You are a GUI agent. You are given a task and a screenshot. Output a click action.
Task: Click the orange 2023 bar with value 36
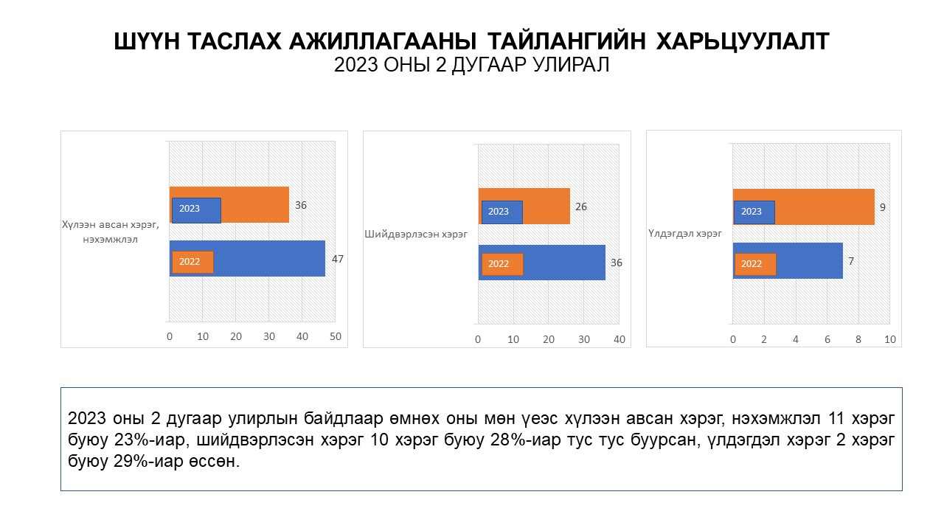point(254,204)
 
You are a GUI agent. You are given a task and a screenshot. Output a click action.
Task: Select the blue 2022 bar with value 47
point(273,258)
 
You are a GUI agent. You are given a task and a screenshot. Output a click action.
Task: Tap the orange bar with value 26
point(546,206)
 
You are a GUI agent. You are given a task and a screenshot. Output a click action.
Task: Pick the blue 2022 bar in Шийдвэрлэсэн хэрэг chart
point(564,263)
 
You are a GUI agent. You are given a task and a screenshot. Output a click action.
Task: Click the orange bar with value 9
point(826,207)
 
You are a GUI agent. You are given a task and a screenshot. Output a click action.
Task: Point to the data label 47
point(338,259)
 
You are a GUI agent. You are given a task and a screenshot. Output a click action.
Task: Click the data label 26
point(581,206)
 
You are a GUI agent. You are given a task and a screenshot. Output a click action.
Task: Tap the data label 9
point(882,207)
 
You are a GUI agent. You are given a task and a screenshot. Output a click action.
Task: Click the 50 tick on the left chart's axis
point(336,336)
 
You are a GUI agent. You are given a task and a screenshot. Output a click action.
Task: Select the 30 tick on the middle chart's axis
point(584,339)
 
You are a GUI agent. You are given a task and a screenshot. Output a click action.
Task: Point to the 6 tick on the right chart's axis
point(827,339)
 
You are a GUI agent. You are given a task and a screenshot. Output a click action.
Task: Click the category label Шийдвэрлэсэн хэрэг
point(417,235)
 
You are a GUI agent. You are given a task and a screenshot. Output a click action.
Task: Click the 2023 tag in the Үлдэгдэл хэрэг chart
point(753,212)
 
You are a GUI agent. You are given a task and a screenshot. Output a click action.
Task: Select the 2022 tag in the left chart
point(191,262)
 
